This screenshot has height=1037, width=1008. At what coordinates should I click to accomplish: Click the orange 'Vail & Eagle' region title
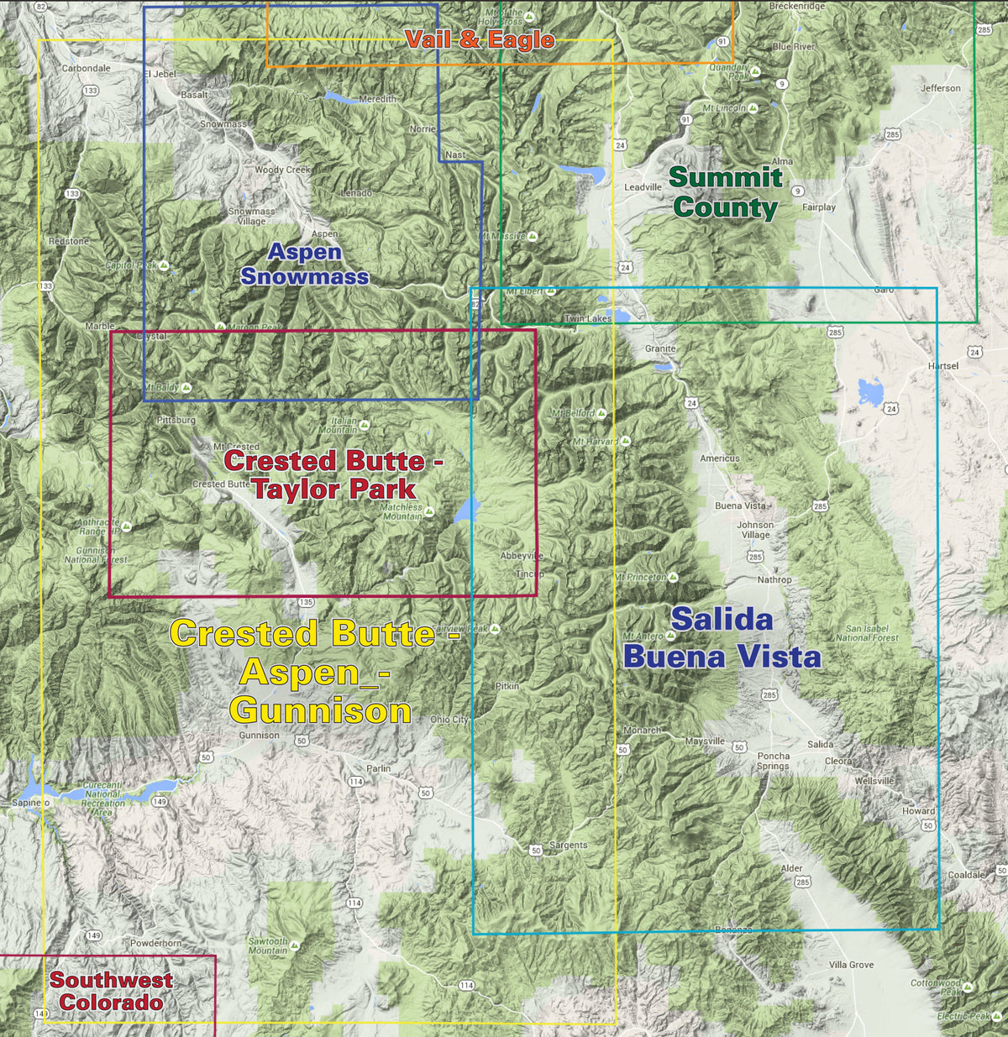point(480,39)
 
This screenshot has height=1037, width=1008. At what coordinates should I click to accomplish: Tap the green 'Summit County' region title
point(726,192)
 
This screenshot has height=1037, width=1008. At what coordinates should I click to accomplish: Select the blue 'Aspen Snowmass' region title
point(304,264)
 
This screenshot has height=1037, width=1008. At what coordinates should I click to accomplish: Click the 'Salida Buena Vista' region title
point(722,637)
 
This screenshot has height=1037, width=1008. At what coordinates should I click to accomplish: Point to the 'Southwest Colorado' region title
point(111,991)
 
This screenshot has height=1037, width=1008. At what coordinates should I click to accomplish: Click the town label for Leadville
point(643,187)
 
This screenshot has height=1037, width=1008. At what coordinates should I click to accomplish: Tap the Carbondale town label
point(86,68)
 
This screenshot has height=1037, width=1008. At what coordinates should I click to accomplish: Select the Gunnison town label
point(259,735)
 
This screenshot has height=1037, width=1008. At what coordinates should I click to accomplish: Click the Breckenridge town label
point(796,6)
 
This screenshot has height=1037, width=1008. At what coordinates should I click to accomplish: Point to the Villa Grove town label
point(851,965)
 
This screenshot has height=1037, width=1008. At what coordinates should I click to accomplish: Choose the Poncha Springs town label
point(773,761)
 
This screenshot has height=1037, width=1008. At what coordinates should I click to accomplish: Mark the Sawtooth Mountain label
point(267,946)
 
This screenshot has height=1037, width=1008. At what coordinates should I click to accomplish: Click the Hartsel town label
point(942,366)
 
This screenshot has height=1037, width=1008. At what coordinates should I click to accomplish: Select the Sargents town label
point(568,845)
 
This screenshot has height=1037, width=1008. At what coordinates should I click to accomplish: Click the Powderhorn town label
point(155,943)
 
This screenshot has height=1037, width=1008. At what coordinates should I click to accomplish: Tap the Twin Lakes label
point(588,318)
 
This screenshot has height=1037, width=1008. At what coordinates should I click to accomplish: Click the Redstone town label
point(68,241)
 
